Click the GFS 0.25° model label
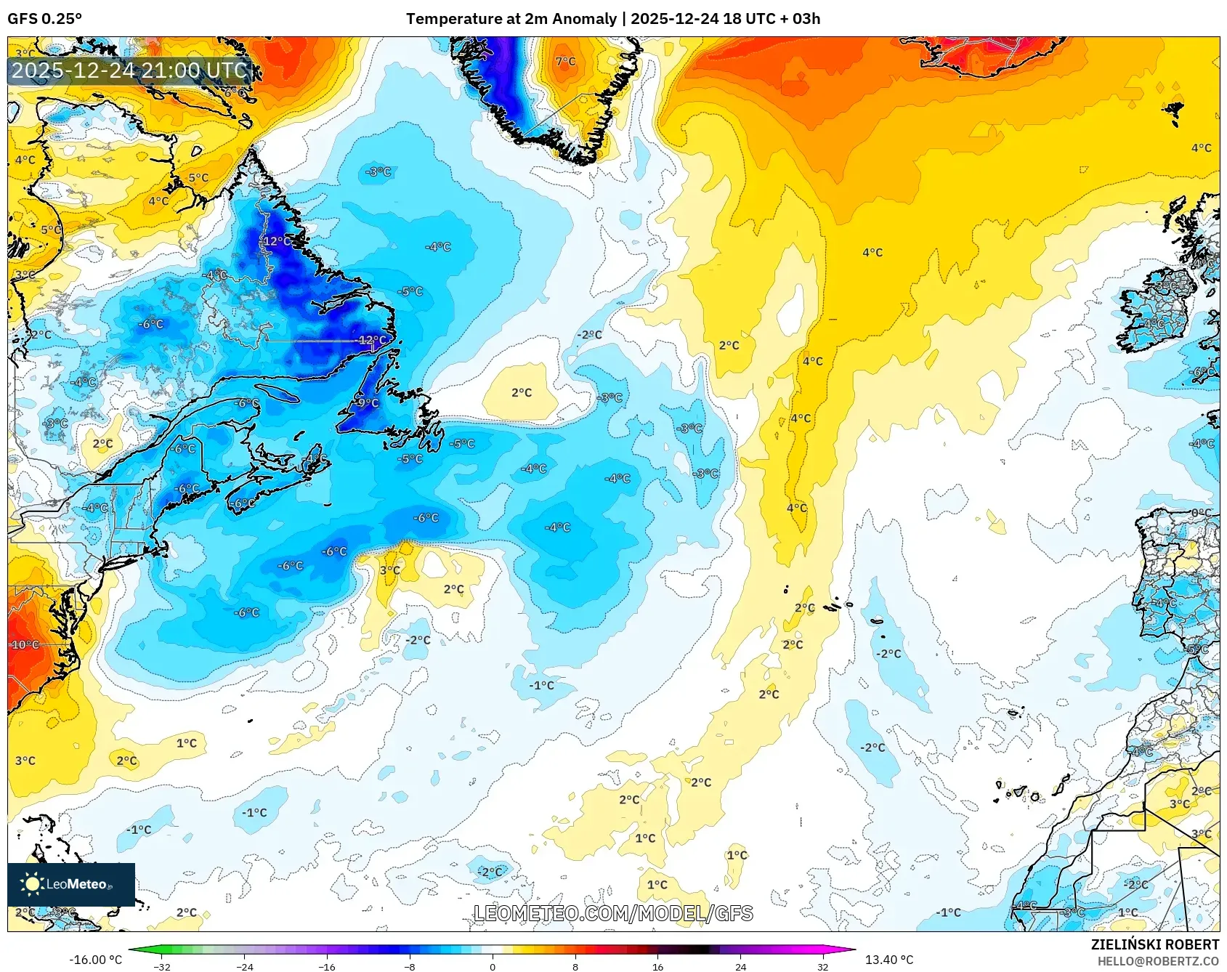coord(44,19)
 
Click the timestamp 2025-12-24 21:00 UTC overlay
coord(129,70)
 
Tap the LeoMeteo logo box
coord(71,884)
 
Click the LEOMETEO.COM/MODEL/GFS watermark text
coord(613,913)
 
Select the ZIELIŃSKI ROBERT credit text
coord(1154,944)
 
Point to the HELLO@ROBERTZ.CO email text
coord(1158,961)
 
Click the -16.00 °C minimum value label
coord(95,960)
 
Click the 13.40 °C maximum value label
coord(888,960)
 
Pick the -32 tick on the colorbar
coord(162,966)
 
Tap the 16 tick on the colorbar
coord(657,966)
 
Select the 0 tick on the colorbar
coord(493,966)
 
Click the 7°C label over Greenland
coord(565,62)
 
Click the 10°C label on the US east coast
coord(25,644)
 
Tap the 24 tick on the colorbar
coord(740,966)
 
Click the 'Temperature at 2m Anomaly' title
coord(511,19)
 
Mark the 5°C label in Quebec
coord(198,177)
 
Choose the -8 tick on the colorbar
coord(410,966)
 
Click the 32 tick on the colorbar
coord(822,966)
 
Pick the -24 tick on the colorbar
coord(245,966)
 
